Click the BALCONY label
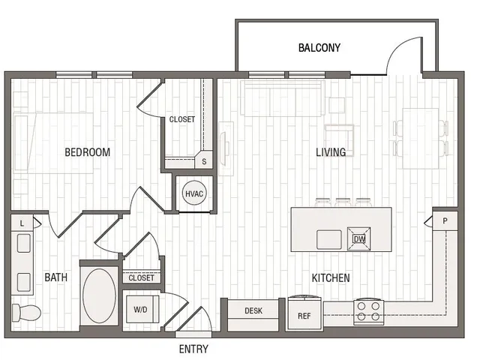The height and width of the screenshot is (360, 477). click(319, 48)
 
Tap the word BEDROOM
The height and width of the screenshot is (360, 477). click(87, 152)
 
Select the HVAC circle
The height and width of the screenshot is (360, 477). click(194, 193)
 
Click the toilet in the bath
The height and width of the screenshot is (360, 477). click(26, 312)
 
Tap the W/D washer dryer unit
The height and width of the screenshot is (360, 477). click(142, 310)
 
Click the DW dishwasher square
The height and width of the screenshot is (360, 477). click(359, 239)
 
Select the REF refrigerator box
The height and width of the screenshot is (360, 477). click(304, 314)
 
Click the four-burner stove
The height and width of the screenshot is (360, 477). click(368, 312)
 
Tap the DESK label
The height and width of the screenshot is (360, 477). click(253, 310)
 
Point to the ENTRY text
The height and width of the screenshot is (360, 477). click(193, 349)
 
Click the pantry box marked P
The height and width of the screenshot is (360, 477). click(445, 221)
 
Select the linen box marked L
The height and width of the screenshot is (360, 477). click(22, 223)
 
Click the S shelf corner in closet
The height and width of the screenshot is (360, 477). click(204, 161)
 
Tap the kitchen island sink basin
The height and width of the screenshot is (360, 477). click(328, 240)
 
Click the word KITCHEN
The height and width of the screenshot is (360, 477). click(331, 277)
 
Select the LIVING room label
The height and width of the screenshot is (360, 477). click(331, 152)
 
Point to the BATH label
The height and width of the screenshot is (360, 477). click(56, 277)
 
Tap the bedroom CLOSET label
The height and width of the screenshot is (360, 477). click(182, 119)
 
